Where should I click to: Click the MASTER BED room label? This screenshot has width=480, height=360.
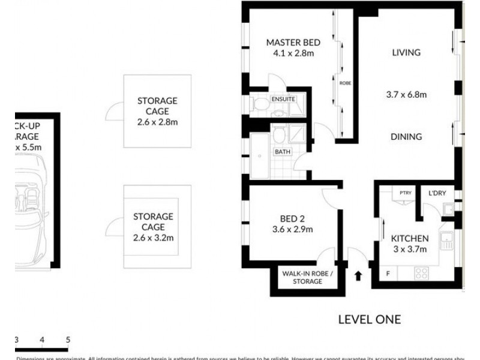point(293,42)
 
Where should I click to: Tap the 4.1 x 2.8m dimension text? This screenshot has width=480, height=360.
point(293,53)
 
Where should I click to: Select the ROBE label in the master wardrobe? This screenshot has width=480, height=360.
point(344,83)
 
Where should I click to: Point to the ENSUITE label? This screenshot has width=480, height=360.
point(283,98)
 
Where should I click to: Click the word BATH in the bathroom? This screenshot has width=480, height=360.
point(283,152)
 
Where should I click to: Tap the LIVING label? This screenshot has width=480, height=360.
point(406,53)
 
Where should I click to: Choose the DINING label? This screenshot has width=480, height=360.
point(406,137)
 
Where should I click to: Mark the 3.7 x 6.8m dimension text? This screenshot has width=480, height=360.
point(406,94)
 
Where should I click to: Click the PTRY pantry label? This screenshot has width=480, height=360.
point(404,193)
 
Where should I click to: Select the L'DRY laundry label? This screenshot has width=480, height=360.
point(437,193)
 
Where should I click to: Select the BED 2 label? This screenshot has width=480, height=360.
point(293,218)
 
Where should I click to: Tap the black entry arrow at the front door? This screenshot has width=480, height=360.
point(358,276)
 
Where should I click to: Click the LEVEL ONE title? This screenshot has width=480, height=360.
point(369,319)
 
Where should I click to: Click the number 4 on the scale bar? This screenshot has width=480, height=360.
point(42,340)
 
